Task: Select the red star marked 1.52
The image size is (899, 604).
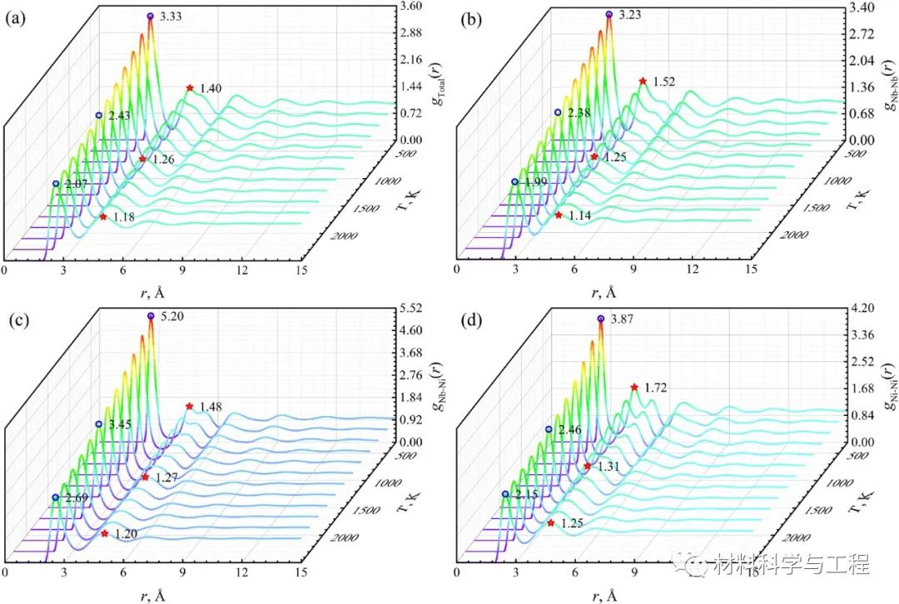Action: (643, 81)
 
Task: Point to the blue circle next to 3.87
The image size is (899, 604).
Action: (602, 319)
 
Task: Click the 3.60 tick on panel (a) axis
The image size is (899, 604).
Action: (410, 7)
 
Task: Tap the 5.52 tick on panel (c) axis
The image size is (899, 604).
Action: (410, 308)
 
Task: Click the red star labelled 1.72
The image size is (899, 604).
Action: (635, 387)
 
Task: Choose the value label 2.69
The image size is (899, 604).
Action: (75, 498)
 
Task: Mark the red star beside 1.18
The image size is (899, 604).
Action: (103, 216)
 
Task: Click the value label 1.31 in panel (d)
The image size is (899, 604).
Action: (607, 467)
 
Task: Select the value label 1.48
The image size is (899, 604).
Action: (210, 407)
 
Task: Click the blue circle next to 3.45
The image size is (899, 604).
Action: (98, 424)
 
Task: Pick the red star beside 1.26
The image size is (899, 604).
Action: (142, 158)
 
